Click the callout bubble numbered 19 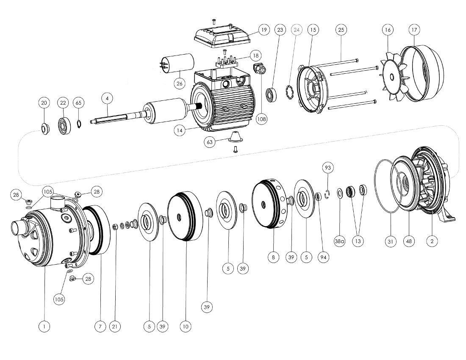click(264, 30)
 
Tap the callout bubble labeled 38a click(340, 241)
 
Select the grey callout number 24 click(297, 30)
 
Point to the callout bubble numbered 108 click(262, 119)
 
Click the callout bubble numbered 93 click(327, 168)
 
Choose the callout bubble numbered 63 click(210, 142)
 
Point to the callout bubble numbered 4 click(108, 98)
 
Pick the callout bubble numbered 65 click(78, 103)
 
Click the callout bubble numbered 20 click(44, 103)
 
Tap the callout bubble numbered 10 click(185, 327)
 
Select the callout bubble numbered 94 click(324, 257)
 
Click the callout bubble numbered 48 click(409, 241)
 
